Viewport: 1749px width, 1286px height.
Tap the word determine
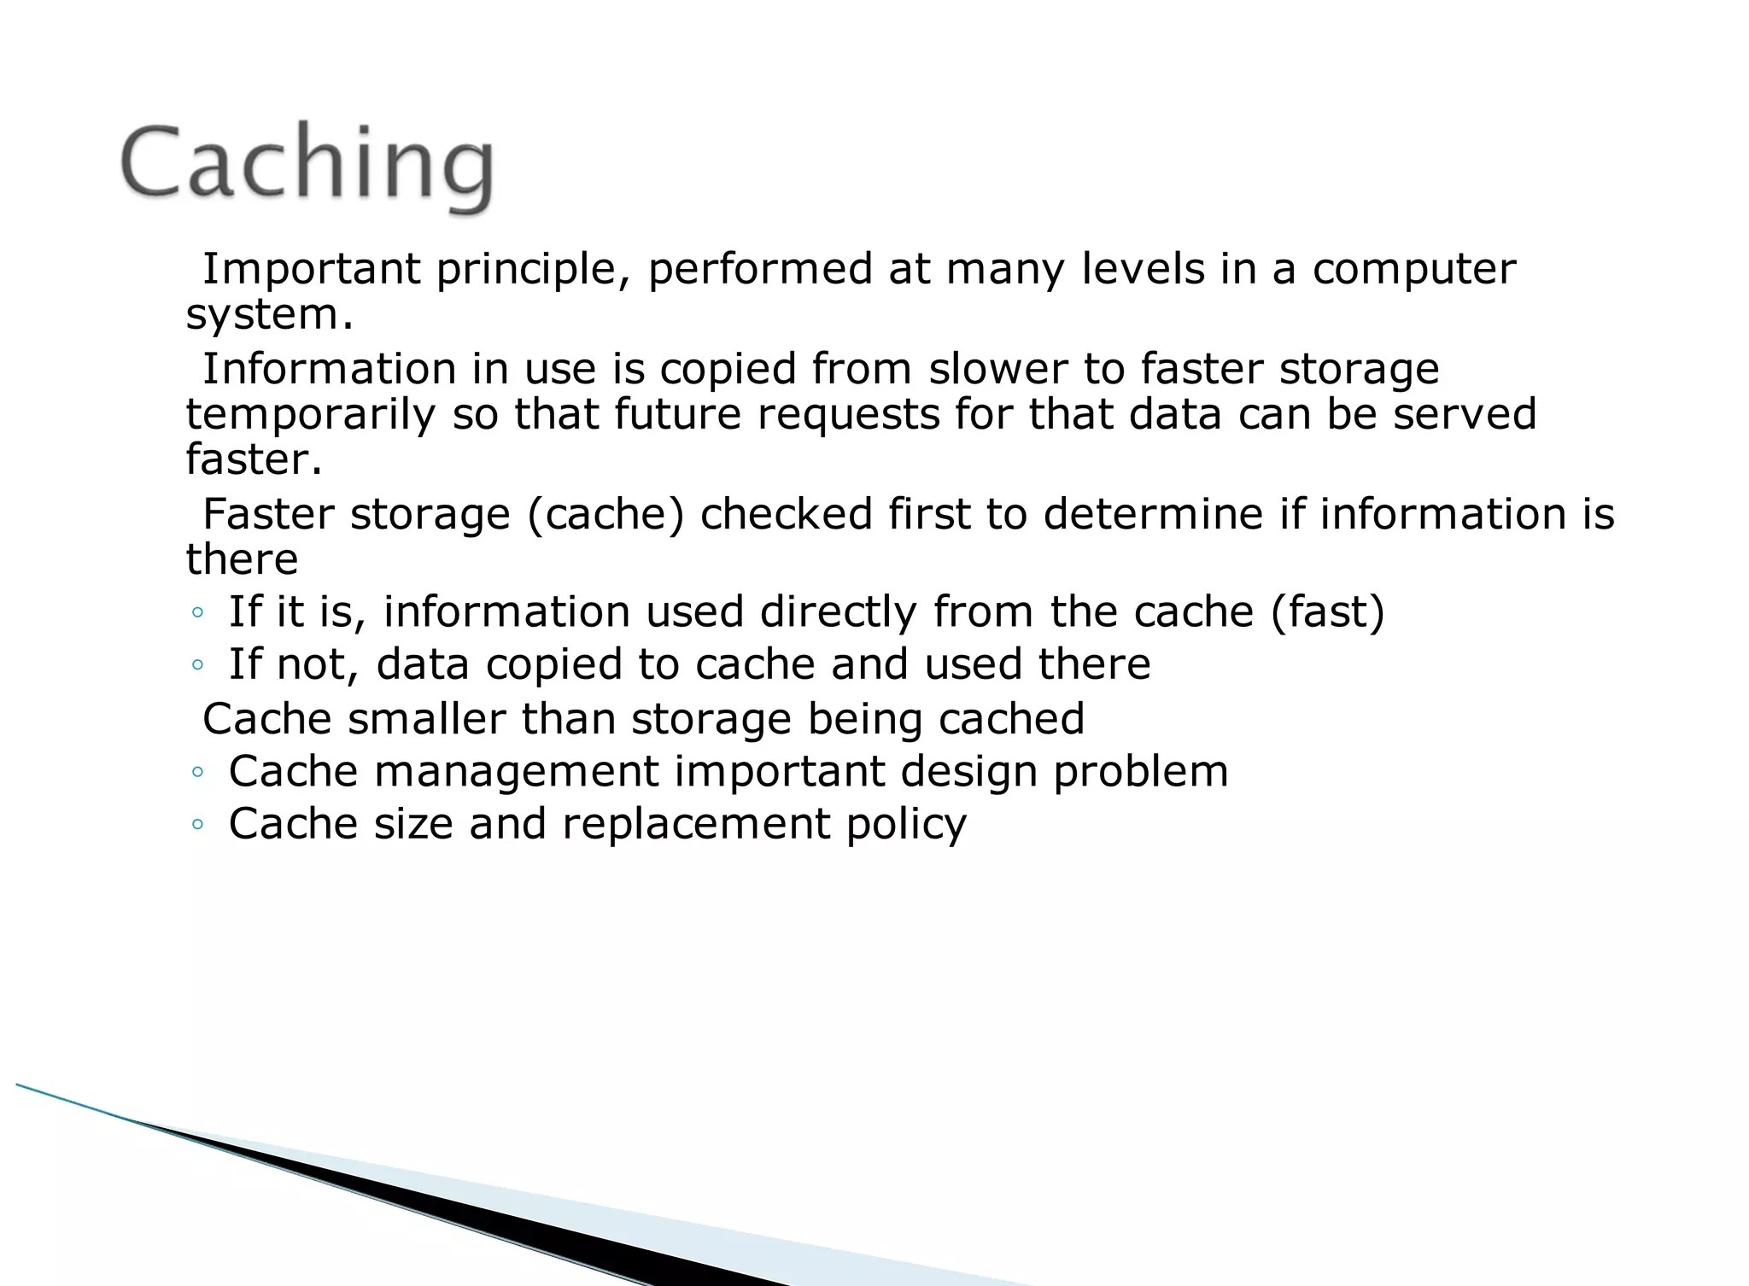[1153, 514]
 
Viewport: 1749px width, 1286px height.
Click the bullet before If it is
[198, 612]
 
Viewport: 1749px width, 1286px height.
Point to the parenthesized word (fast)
[1327, 612]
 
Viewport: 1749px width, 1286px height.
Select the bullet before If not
[198, 665]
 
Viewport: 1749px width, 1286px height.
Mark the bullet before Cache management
[198, 772]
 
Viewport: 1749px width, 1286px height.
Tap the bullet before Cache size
[198, 825]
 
